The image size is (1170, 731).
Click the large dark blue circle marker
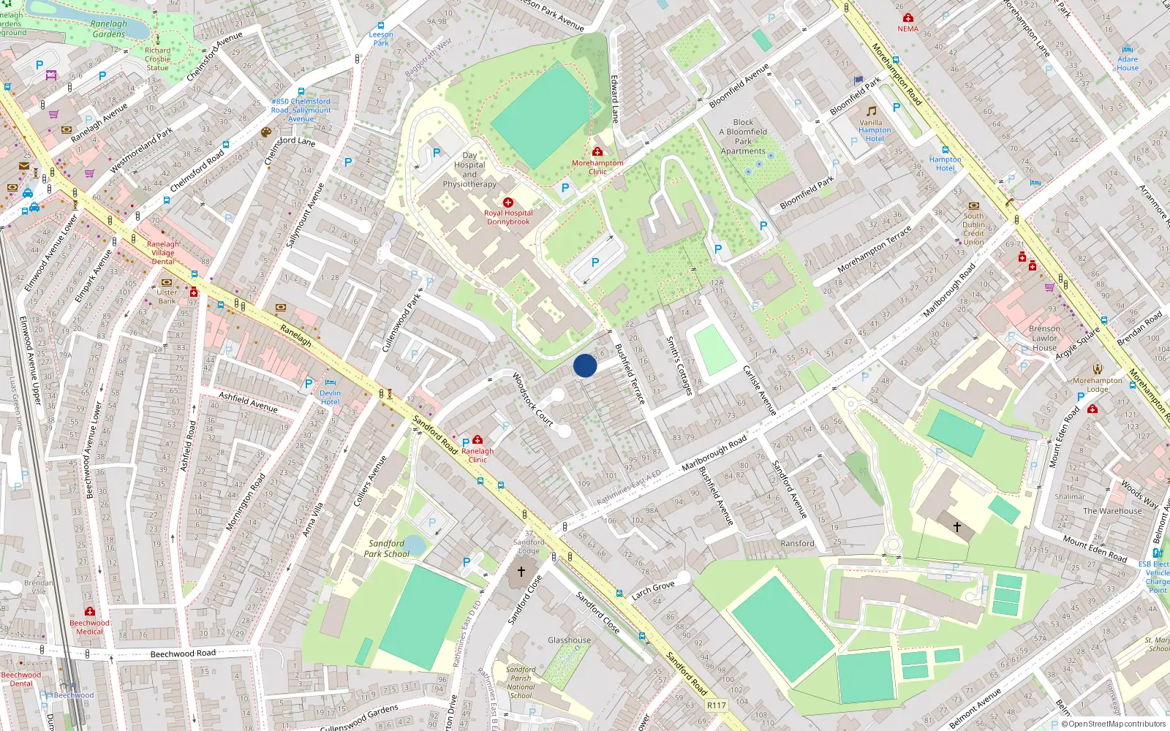585,365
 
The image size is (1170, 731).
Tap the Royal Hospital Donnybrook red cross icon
508,202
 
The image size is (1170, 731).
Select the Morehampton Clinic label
597,167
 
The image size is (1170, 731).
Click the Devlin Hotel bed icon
331,382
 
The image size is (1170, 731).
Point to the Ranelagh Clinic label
478,455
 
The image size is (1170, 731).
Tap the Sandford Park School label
387,548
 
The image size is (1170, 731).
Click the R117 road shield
717,705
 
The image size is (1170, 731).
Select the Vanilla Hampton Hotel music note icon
872,111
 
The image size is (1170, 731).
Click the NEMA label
908,29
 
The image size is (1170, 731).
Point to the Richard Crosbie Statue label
157,59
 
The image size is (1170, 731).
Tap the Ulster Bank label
167,297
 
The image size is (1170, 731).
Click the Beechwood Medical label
89,627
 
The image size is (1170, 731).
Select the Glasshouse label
570,640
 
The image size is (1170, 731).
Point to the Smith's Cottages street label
679,365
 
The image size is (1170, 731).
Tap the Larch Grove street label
653,590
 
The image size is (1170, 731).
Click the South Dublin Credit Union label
973,229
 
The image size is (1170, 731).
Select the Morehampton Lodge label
1097,385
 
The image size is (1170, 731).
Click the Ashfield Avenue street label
249,402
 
